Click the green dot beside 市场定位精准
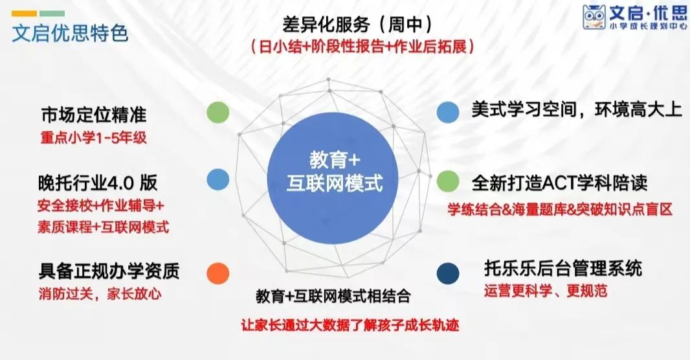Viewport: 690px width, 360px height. click(x=218, y=112)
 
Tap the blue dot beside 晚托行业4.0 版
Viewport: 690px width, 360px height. click(x=218, y=179)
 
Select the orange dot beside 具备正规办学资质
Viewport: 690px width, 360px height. click(x=218, y=273)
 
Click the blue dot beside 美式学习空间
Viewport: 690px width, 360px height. click(x=448, y=112)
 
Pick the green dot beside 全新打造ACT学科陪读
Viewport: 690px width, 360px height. click(x=448, y=181)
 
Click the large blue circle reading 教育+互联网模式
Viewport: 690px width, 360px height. click(x=333, y=178)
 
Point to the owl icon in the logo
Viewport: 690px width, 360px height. click(x=594, y=17)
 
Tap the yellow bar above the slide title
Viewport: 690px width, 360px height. click(x=24, y=14)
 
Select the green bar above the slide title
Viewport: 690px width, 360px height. click(x=52, y=14)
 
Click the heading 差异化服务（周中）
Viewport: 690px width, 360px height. click(x=357, y=24)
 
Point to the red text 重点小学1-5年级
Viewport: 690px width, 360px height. click(x=94, y=138)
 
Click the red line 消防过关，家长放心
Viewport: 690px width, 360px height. click(x=100, y=293)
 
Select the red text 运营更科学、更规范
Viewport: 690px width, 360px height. click(x=546, y=291)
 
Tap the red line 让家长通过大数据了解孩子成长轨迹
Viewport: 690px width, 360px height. click(x=350, y=325)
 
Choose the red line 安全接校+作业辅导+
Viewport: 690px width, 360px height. click(x=101, y=205)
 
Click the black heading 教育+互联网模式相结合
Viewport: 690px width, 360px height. click(x=333, y=296)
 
